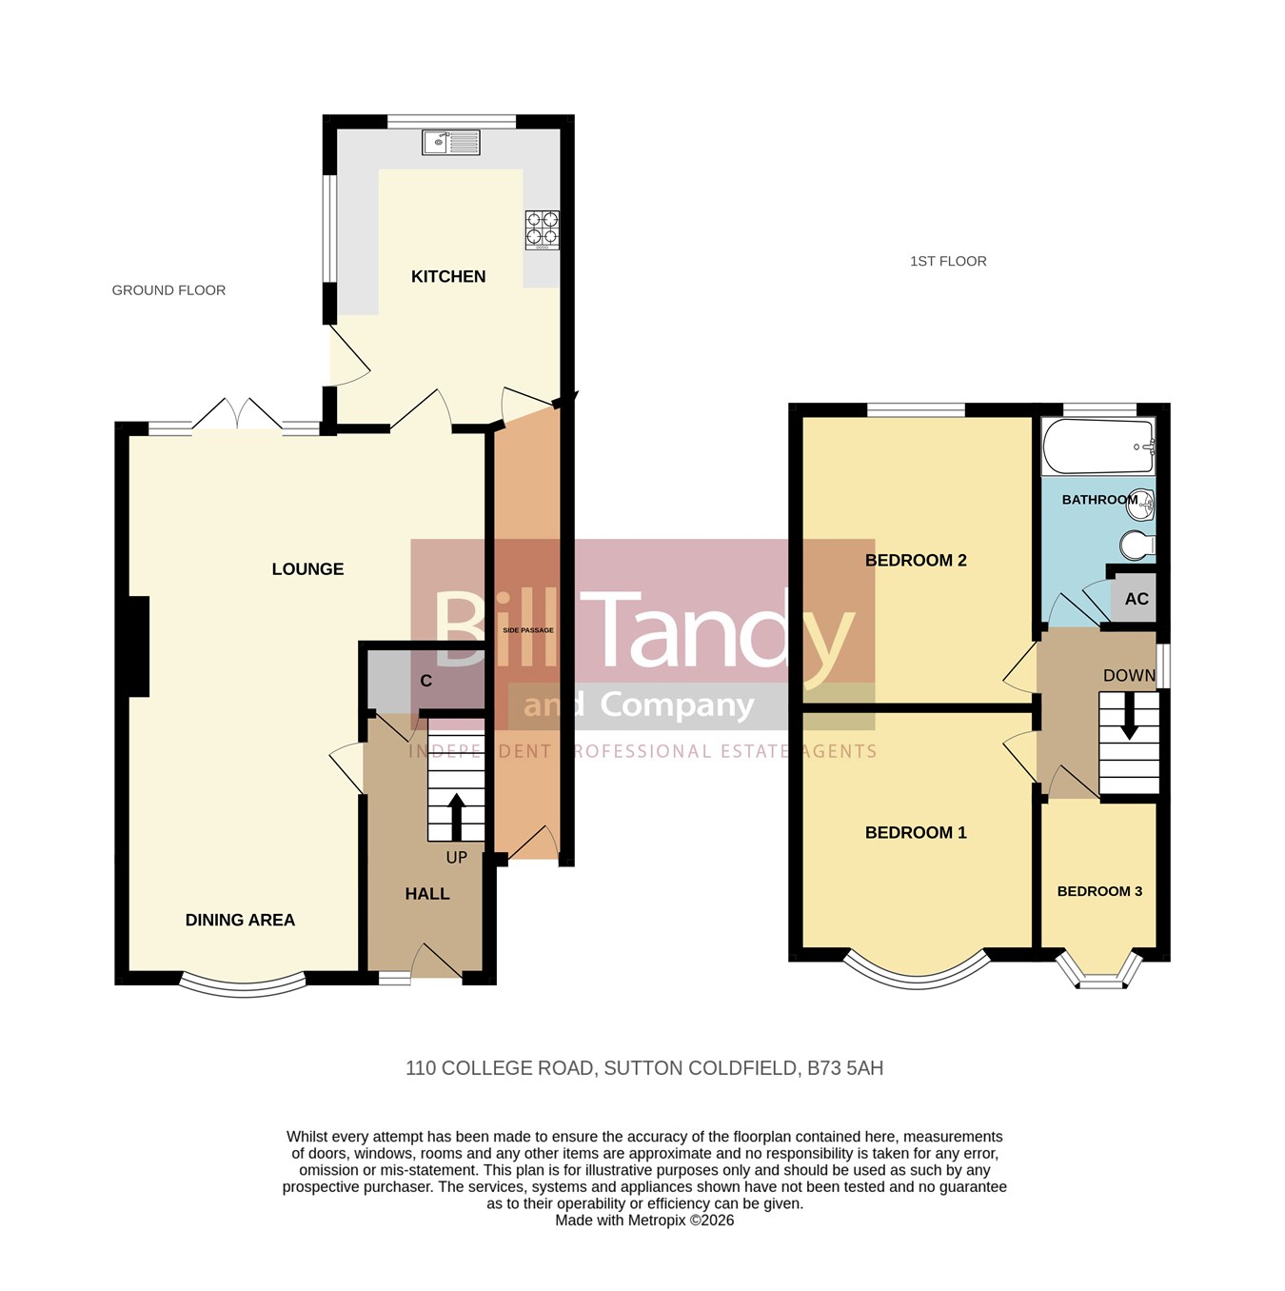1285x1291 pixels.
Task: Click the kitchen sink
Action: [450, 142]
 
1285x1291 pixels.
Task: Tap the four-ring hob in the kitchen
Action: [542, 229]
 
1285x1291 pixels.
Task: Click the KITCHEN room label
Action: [448, 276]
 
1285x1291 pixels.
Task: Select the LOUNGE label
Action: [307, 568]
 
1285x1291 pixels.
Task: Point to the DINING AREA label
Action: [240, 920]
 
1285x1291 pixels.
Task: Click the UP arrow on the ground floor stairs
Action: [456, 817]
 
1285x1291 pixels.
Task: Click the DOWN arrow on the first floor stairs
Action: [1129, 716]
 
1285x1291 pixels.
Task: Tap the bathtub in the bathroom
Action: [1098, 447]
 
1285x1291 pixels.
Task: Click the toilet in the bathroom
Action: [1139, 546]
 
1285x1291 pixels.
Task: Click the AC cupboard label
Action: [1137, 598]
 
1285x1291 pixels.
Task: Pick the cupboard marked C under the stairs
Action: [426, 681]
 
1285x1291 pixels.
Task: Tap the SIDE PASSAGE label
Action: [528, 630]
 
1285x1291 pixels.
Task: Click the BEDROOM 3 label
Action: [1099, 891]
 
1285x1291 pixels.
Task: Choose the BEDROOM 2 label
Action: [916, 560]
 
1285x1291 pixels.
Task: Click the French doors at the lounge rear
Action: [236, 415]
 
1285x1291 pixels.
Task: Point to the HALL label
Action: [426, 894]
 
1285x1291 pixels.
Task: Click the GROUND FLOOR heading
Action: [168, 290]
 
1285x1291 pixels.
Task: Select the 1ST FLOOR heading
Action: [948, 261]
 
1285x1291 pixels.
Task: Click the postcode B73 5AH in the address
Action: [845, 1068]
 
